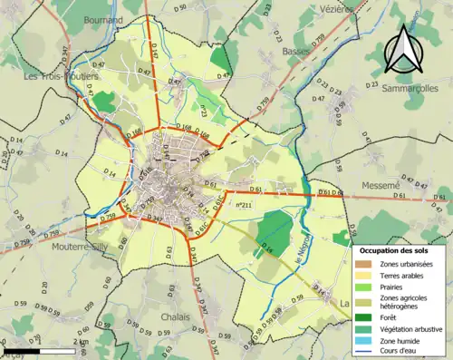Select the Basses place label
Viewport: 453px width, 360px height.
coord(295,52)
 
